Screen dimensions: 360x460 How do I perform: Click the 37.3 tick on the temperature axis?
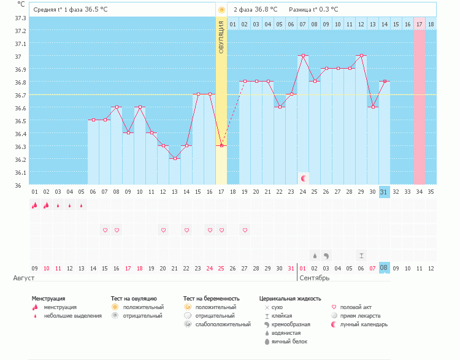[20, 18]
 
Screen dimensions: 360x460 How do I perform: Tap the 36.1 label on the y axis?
[20, 172]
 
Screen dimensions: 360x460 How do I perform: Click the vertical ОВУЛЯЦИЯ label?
[221, 36]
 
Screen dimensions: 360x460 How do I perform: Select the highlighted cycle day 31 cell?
[384, 192]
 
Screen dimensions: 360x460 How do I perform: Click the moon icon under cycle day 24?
[303, 178]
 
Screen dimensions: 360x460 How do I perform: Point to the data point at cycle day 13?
[175, 158]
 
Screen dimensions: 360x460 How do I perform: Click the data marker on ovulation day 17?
[221, 145]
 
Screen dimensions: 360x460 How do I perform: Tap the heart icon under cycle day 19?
[245, 230]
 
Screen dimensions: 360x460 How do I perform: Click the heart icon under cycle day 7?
[105, 230]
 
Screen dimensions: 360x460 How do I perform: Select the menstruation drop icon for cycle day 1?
[34, 205]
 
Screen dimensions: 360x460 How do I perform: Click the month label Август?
[20, 278]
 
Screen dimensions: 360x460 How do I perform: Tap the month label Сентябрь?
[314, 278]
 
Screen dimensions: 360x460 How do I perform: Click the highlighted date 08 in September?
[384, 268]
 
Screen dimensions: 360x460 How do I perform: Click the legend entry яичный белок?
[289, 341]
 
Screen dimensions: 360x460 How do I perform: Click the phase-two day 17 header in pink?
[420, 24]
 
